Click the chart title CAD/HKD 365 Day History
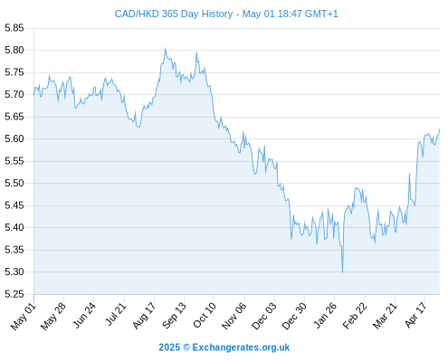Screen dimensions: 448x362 tap(174, 14)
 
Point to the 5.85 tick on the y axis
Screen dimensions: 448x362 tap(14, 28)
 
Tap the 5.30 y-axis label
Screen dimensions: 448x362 tap(14, 271)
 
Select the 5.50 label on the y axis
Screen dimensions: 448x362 tap(14, 183)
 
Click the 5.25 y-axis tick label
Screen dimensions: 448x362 tap(14, 294)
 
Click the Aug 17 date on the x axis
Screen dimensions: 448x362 tap(144, 316)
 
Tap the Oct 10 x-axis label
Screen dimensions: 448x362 tap(205, 315)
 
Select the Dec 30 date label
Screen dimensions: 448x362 tap(294, 316)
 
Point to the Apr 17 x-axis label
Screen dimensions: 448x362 tap(415, 315)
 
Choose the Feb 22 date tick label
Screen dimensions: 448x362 tap(355, 316)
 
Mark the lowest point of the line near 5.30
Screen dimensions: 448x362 tap(342, 272)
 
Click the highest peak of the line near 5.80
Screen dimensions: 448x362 tap(165, 48)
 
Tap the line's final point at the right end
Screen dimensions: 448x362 tap(440, 129)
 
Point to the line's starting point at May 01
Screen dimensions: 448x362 tap(33, 95)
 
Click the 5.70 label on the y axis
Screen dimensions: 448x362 tap(14, 94)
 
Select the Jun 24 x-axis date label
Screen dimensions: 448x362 tap(84, 315)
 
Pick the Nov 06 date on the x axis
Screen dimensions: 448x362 tap(234, 316)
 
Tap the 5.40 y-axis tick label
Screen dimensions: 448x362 tap(14, 227)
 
